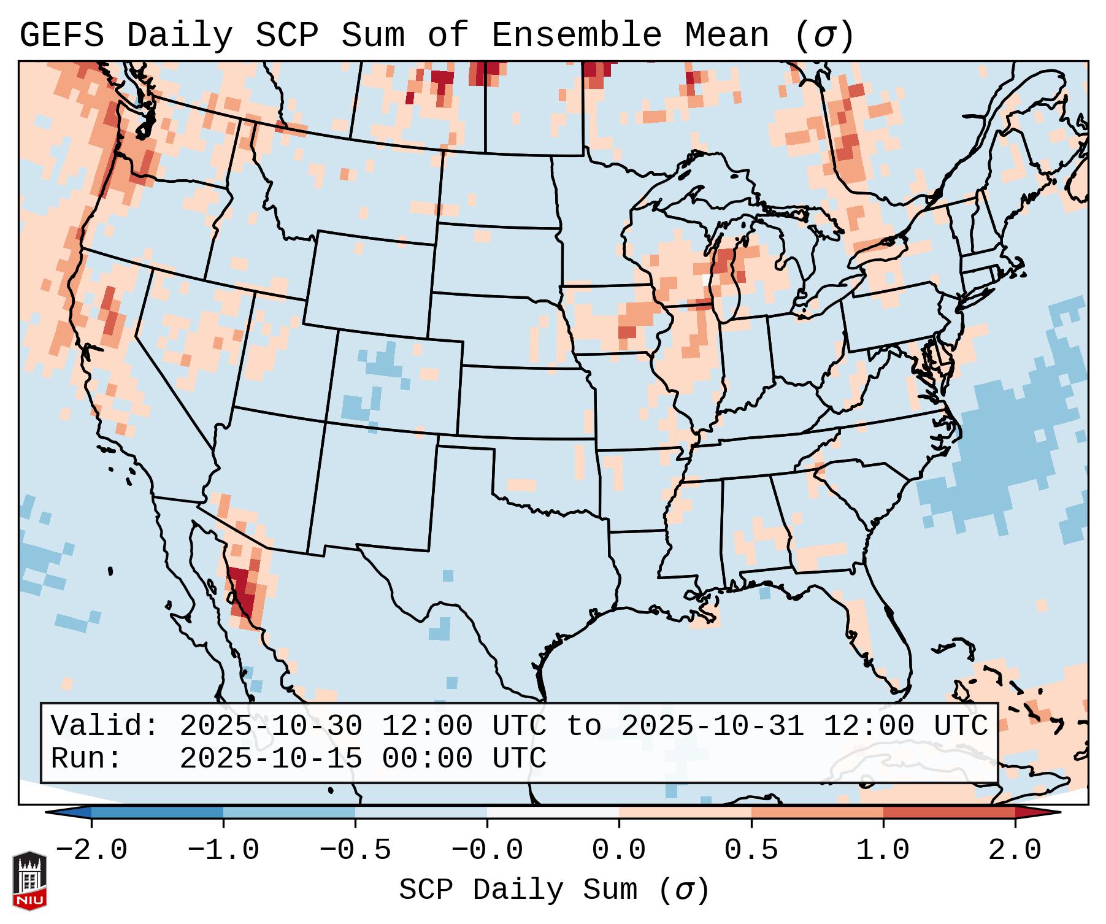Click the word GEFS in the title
coord(61,36)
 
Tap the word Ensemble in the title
coord(576,36)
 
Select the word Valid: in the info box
coord(105,726)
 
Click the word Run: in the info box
coord(86,759)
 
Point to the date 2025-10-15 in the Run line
coord(271,759)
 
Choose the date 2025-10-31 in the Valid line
coord(712,726)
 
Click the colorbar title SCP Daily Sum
coord(518,890)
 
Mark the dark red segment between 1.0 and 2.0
coord(948,812)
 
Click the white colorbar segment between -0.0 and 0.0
coord(553,812)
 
